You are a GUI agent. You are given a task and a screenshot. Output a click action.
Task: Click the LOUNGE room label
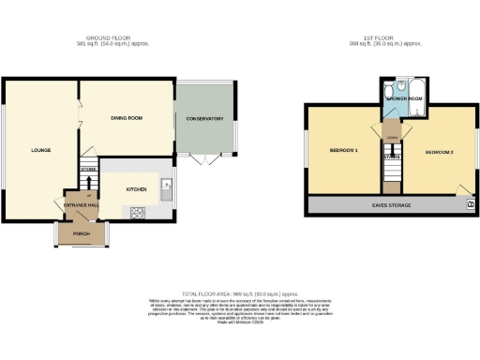(40, 150)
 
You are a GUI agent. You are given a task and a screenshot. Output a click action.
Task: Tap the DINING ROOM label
(127, 118)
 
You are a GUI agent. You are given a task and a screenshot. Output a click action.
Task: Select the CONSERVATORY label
(205, 119)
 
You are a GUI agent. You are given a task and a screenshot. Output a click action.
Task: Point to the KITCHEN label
(137, 188)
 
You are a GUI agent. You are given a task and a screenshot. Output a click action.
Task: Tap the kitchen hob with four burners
(137, 213)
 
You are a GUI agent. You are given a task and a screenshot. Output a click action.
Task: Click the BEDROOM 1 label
(344, 151)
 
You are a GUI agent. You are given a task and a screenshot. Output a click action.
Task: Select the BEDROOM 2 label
(438, 152)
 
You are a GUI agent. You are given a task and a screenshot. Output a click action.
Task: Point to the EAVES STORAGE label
(390, 203)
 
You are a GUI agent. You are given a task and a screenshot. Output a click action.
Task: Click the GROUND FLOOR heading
(113, 38)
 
